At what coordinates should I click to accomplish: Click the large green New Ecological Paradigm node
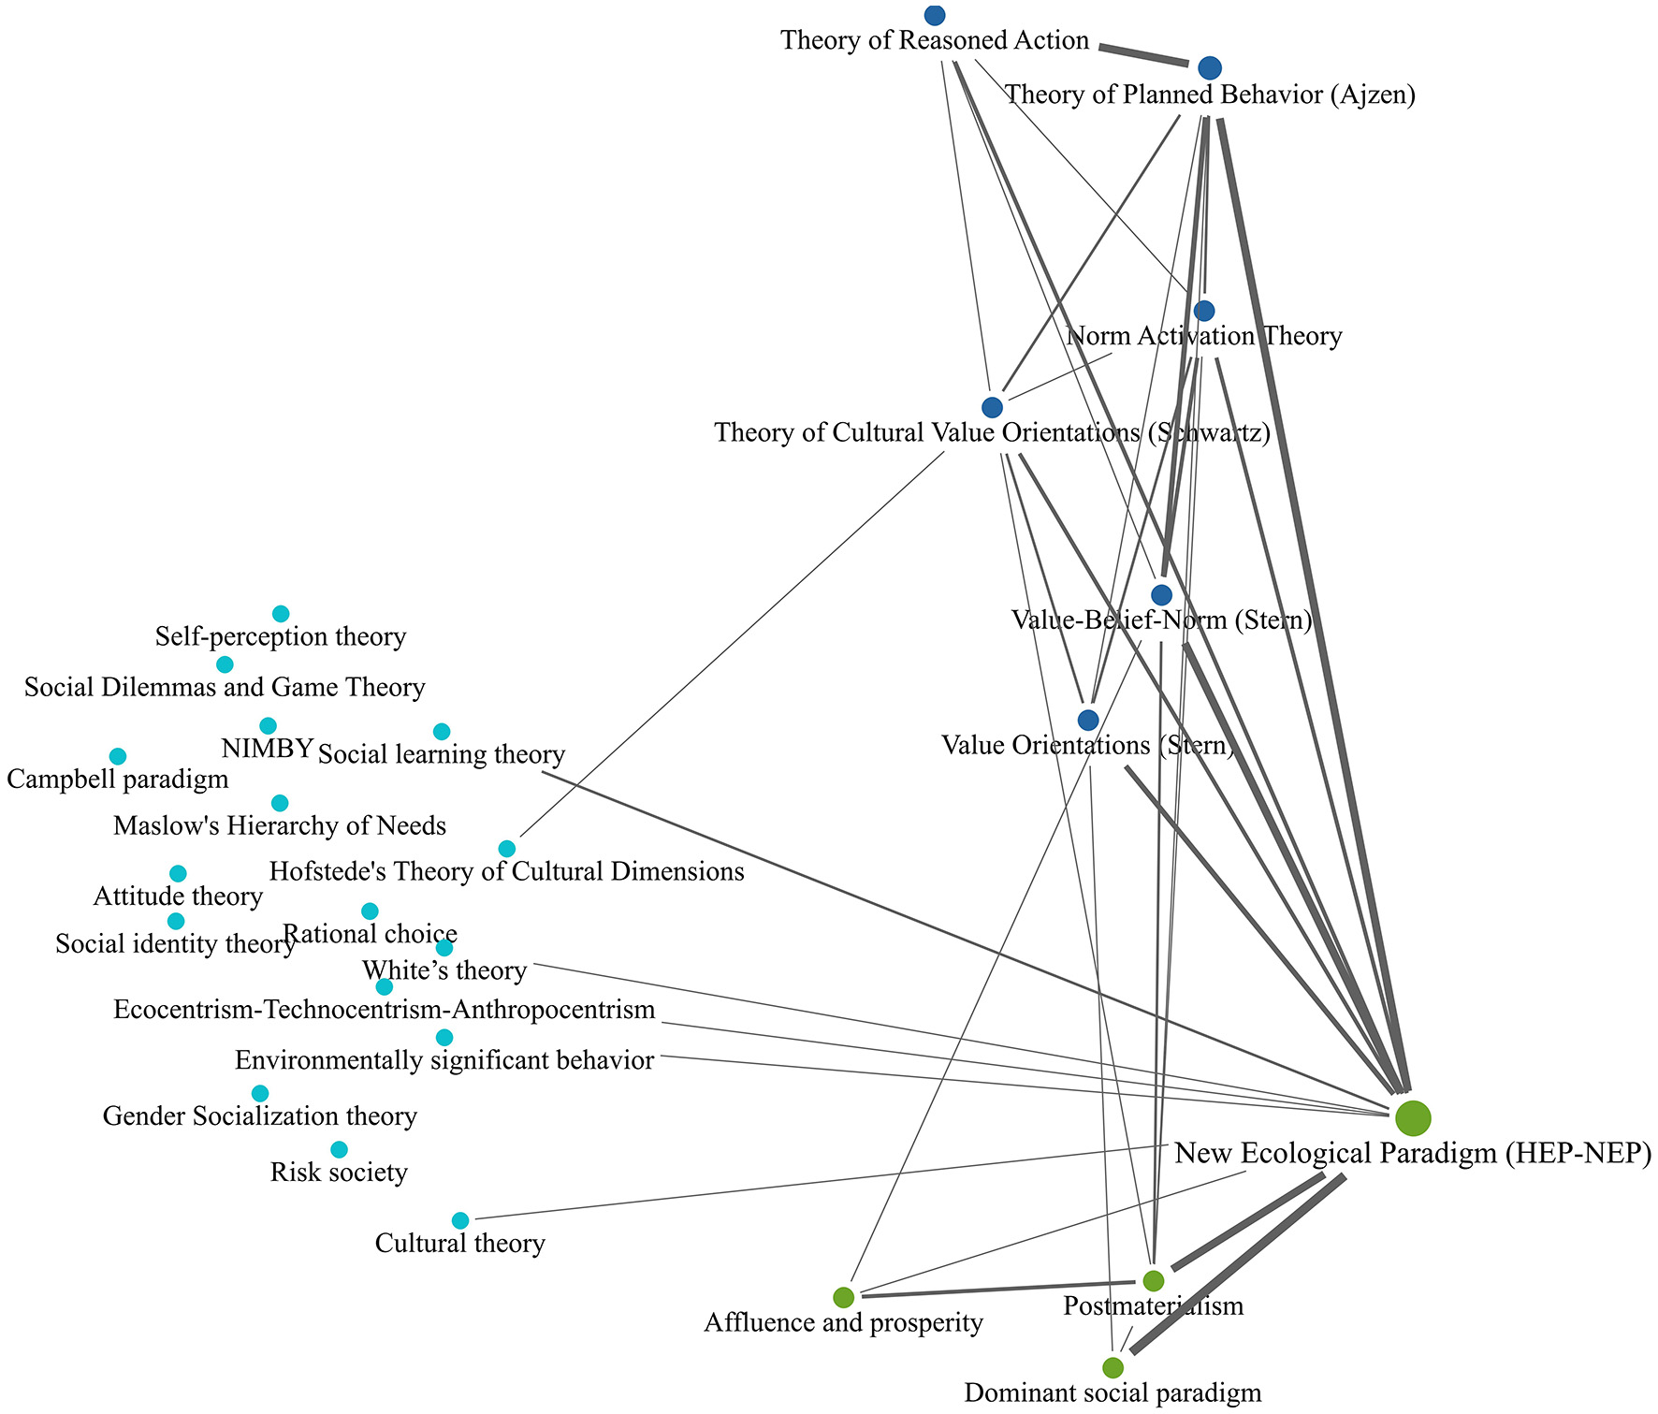(x=1412, y=1117)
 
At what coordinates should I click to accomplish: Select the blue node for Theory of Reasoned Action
(x=934, y=15)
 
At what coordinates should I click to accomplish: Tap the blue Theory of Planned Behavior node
(x=1209, y=67)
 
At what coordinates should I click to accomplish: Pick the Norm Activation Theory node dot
(x=1204, y=311)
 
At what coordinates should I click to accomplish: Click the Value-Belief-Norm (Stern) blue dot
(x=1161, y=595)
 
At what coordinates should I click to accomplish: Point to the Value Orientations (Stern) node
(x=1087, y=720)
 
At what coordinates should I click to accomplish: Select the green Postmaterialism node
(x=1154, y=1280)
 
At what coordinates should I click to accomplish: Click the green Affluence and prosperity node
(x=843, y=1297)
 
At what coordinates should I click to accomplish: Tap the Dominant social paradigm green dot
(x=1113, y=1367)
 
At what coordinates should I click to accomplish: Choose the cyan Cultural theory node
(x=460, y=1220)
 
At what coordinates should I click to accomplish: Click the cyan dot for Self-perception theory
(x=281, y=614)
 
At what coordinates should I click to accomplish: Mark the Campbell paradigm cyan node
(x=118, y=756)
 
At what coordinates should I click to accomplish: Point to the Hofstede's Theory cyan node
(x=506, y=849)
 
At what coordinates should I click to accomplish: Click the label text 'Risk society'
(x=339, y=1173)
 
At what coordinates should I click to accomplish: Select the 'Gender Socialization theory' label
(x=260, y=1116)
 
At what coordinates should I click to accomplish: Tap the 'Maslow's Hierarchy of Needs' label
(x=279, y=826)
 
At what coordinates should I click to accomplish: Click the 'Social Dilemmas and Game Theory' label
(x=225, y=688)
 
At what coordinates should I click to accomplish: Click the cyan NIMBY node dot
(x=268, y=725)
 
